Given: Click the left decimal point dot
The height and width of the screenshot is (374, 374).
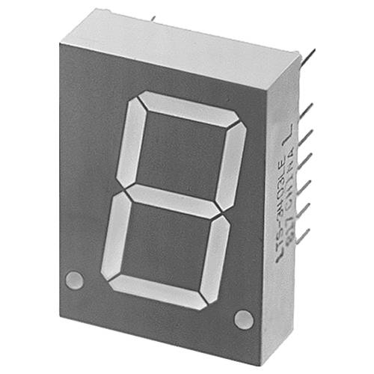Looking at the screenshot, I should pos(73,280).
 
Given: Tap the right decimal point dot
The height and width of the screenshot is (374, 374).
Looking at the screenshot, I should pos(243,319).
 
